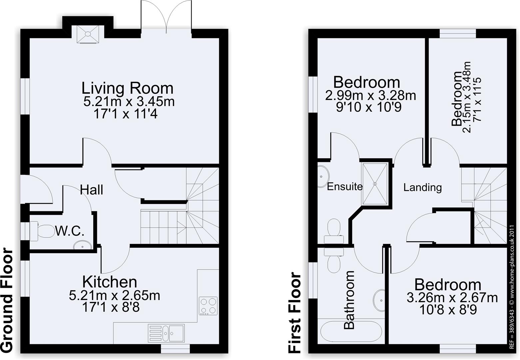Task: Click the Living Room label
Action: [128, 88]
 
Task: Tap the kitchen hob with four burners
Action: [208, 306]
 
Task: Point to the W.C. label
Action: [70, 231]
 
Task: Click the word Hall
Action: [92, 190]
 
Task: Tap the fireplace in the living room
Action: [88, 34]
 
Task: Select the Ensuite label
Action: [344, 186]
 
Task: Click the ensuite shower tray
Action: [375, 183]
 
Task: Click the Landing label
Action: [422, 187]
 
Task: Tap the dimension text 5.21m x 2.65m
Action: [114, 296]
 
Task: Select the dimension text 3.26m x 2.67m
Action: [452, 298]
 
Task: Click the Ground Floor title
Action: [7, 300]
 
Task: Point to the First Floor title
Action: [295, 312]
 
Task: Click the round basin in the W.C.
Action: [82, 246]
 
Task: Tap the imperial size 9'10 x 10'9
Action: [368, 107]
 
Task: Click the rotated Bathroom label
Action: [349, 300]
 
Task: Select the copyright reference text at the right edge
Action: [513, 287]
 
